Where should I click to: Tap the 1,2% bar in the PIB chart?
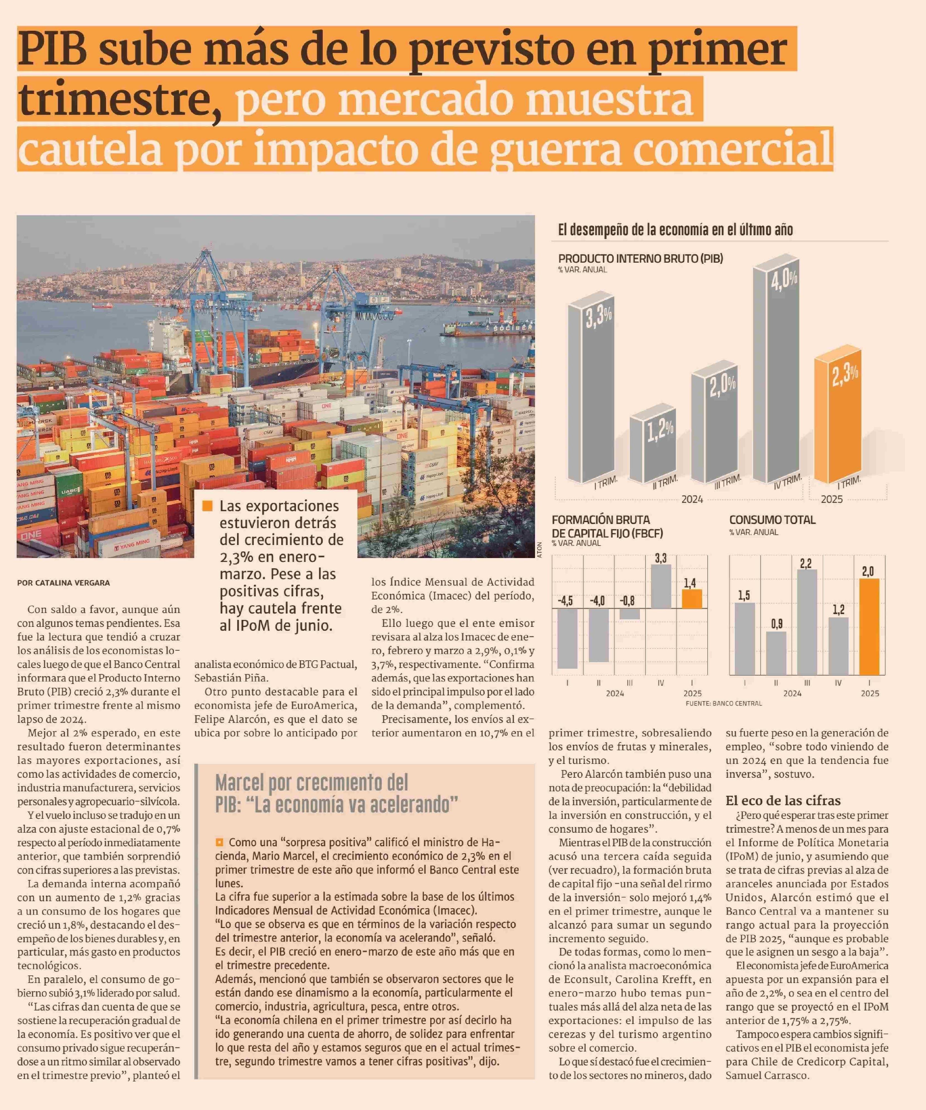(x=652, y=449)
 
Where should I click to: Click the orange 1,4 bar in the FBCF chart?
(x=692, y=599)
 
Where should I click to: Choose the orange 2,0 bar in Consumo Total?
(x=869, y=626)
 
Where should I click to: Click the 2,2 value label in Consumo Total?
(x=805, y=564)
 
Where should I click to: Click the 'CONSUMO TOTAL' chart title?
(x=772, y=519)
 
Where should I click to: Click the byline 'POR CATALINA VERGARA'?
(x=64, y=583)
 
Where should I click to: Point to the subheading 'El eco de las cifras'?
(x=783, y=800)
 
